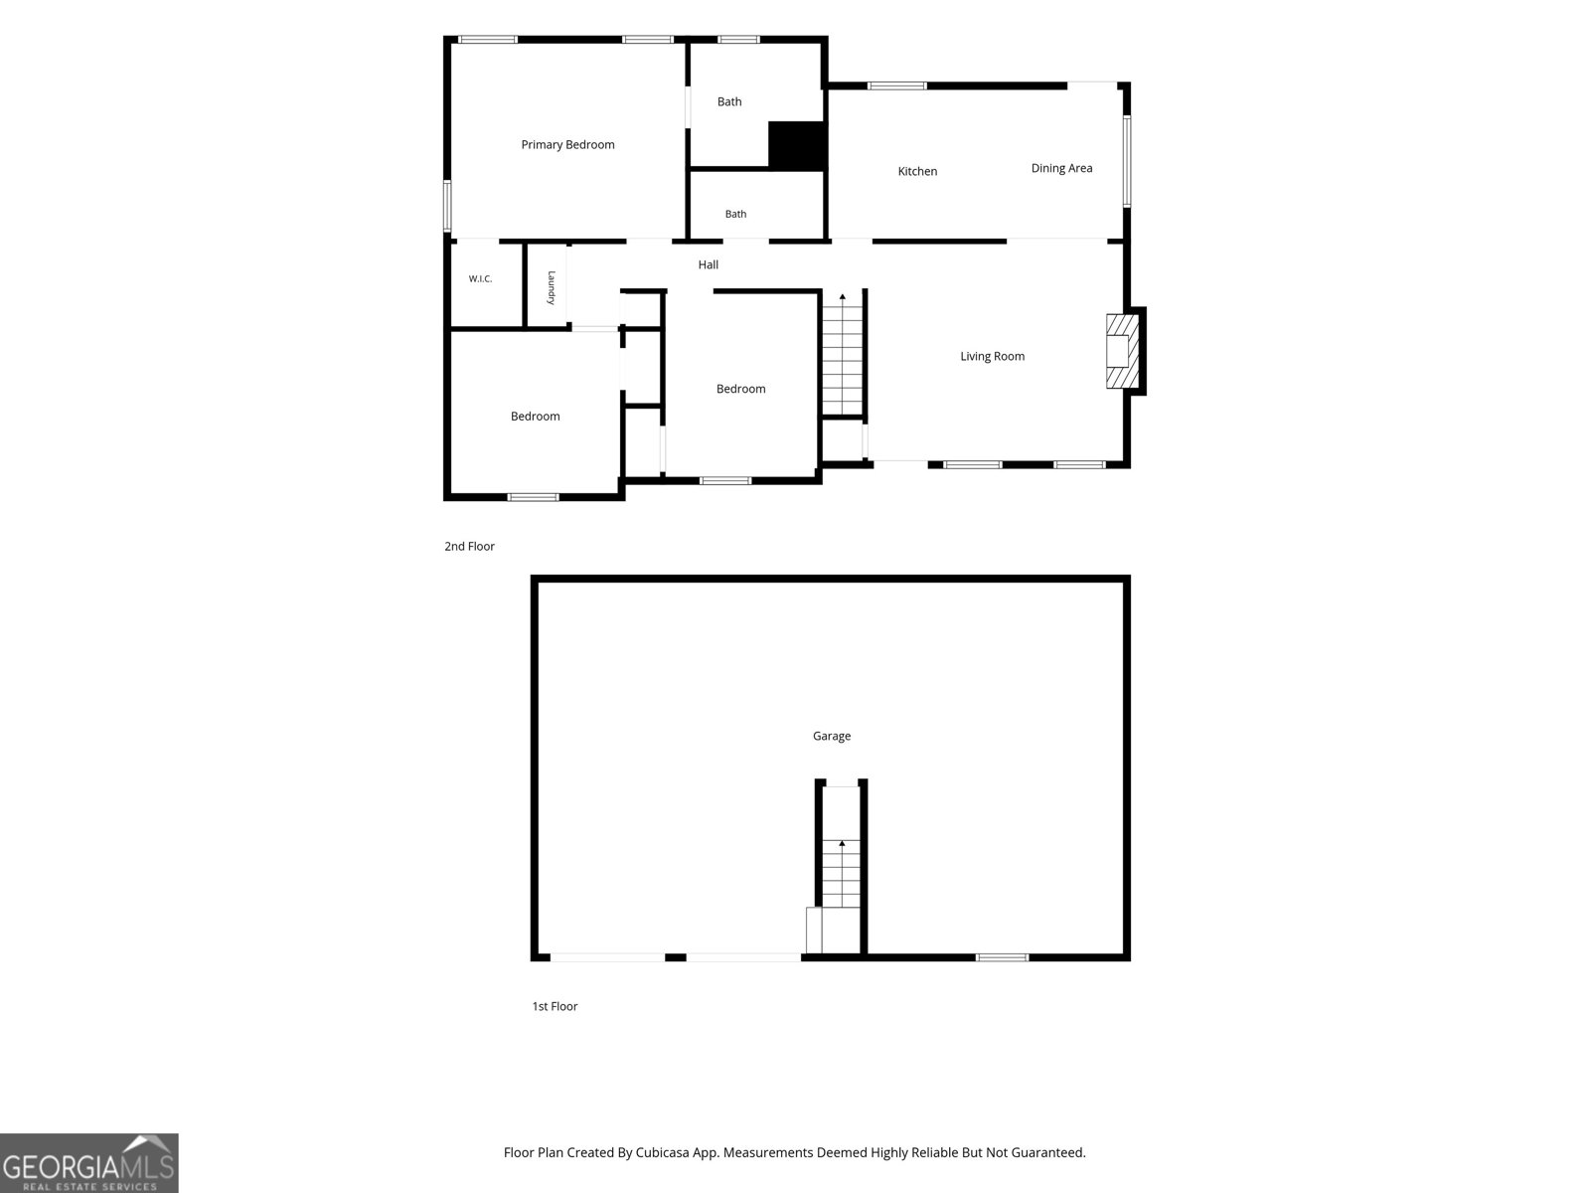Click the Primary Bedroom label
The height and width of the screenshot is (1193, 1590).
(x=567, y=145)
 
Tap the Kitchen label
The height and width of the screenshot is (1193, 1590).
(x=917, y=172)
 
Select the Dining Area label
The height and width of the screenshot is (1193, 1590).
(x=1061, y=168)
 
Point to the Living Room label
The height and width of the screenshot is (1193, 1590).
(x=992, y=356)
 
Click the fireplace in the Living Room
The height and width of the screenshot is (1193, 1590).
(x=1122, y=351)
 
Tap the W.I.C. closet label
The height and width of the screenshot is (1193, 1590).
(x=480, y=279)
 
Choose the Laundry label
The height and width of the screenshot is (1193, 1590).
(x=552, y=287)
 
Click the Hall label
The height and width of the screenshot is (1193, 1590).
(x=708, y=265)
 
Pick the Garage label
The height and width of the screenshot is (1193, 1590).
(x=831, y=736)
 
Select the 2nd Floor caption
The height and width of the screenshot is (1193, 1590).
(x=469, y=546)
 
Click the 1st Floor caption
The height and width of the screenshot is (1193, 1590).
(x=555, y=1006)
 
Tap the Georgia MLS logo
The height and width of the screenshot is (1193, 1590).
(x=89, y=1162)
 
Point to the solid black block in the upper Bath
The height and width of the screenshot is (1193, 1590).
(x=796, y=145)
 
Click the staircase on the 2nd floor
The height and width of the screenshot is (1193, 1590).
(x=842, y=354)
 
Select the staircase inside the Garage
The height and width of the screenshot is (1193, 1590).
(x=841, y=874)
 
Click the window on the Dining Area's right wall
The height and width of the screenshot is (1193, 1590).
(x=1126, y=161)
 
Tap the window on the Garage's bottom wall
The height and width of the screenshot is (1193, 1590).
(x=1002, y=957)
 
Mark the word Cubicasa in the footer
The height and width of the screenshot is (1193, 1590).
(x=663, y=1152)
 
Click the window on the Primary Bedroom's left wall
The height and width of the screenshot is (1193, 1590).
(x=447, y=206)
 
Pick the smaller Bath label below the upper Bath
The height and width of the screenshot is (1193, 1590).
(x=735, y=215)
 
